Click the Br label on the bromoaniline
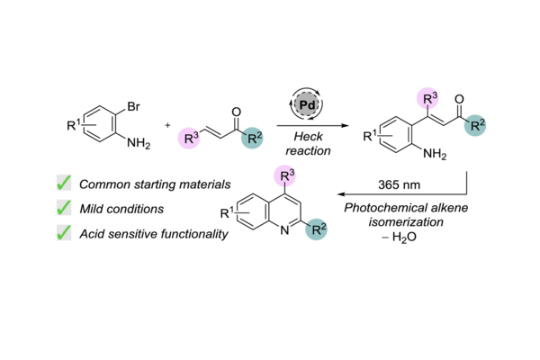click(x=133, y=106)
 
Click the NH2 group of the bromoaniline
click(x=139, y=143)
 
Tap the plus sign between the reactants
click(x=167, y=125)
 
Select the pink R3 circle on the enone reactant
click(x=189, y=138)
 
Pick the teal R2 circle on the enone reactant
click(x=252, y=138)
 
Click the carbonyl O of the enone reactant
click(x=236, y=112)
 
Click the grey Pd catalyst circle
click(x=307, y=104)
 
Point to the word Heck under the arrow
click(x=308, y=137)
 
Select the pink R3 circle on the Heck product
click(x=427, y=98)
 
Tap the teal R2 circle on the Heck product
click(x=475, y=125)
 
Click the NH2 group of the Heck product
click(x=435, y=154)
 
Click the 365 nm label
click(x=399, y=185)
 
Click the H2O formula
click(x=403, y=237)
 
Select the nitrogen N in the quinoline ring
click(x=284, y=230)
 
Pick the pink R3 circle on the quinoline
click(x=284, y=176)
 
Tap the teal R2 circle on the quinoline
click(x=316, y=229)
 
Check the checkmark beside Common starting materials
click(x=64, y=183)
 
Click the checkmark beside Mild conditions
click(x=64, y=207)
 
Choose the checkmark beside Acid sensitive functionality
click(x=64, y=232)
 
